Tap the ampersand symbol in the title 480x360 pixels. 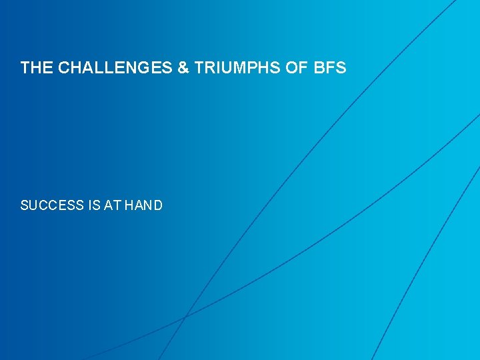pos(183,68)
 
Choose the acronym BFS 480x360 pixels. pos(331,68)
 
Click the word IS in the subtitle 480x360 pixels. pos(94,205)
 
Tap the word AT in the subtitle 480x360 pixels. pos(112,205)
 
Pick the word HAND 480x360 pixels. pos(143,205)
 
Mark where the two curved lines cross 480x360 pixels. pos(185,315)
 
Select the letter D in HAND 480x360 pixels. pos(157,205)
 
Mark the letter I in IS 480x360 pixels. pos(89,205)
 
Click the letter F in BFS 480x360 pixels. pos(331,68)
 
